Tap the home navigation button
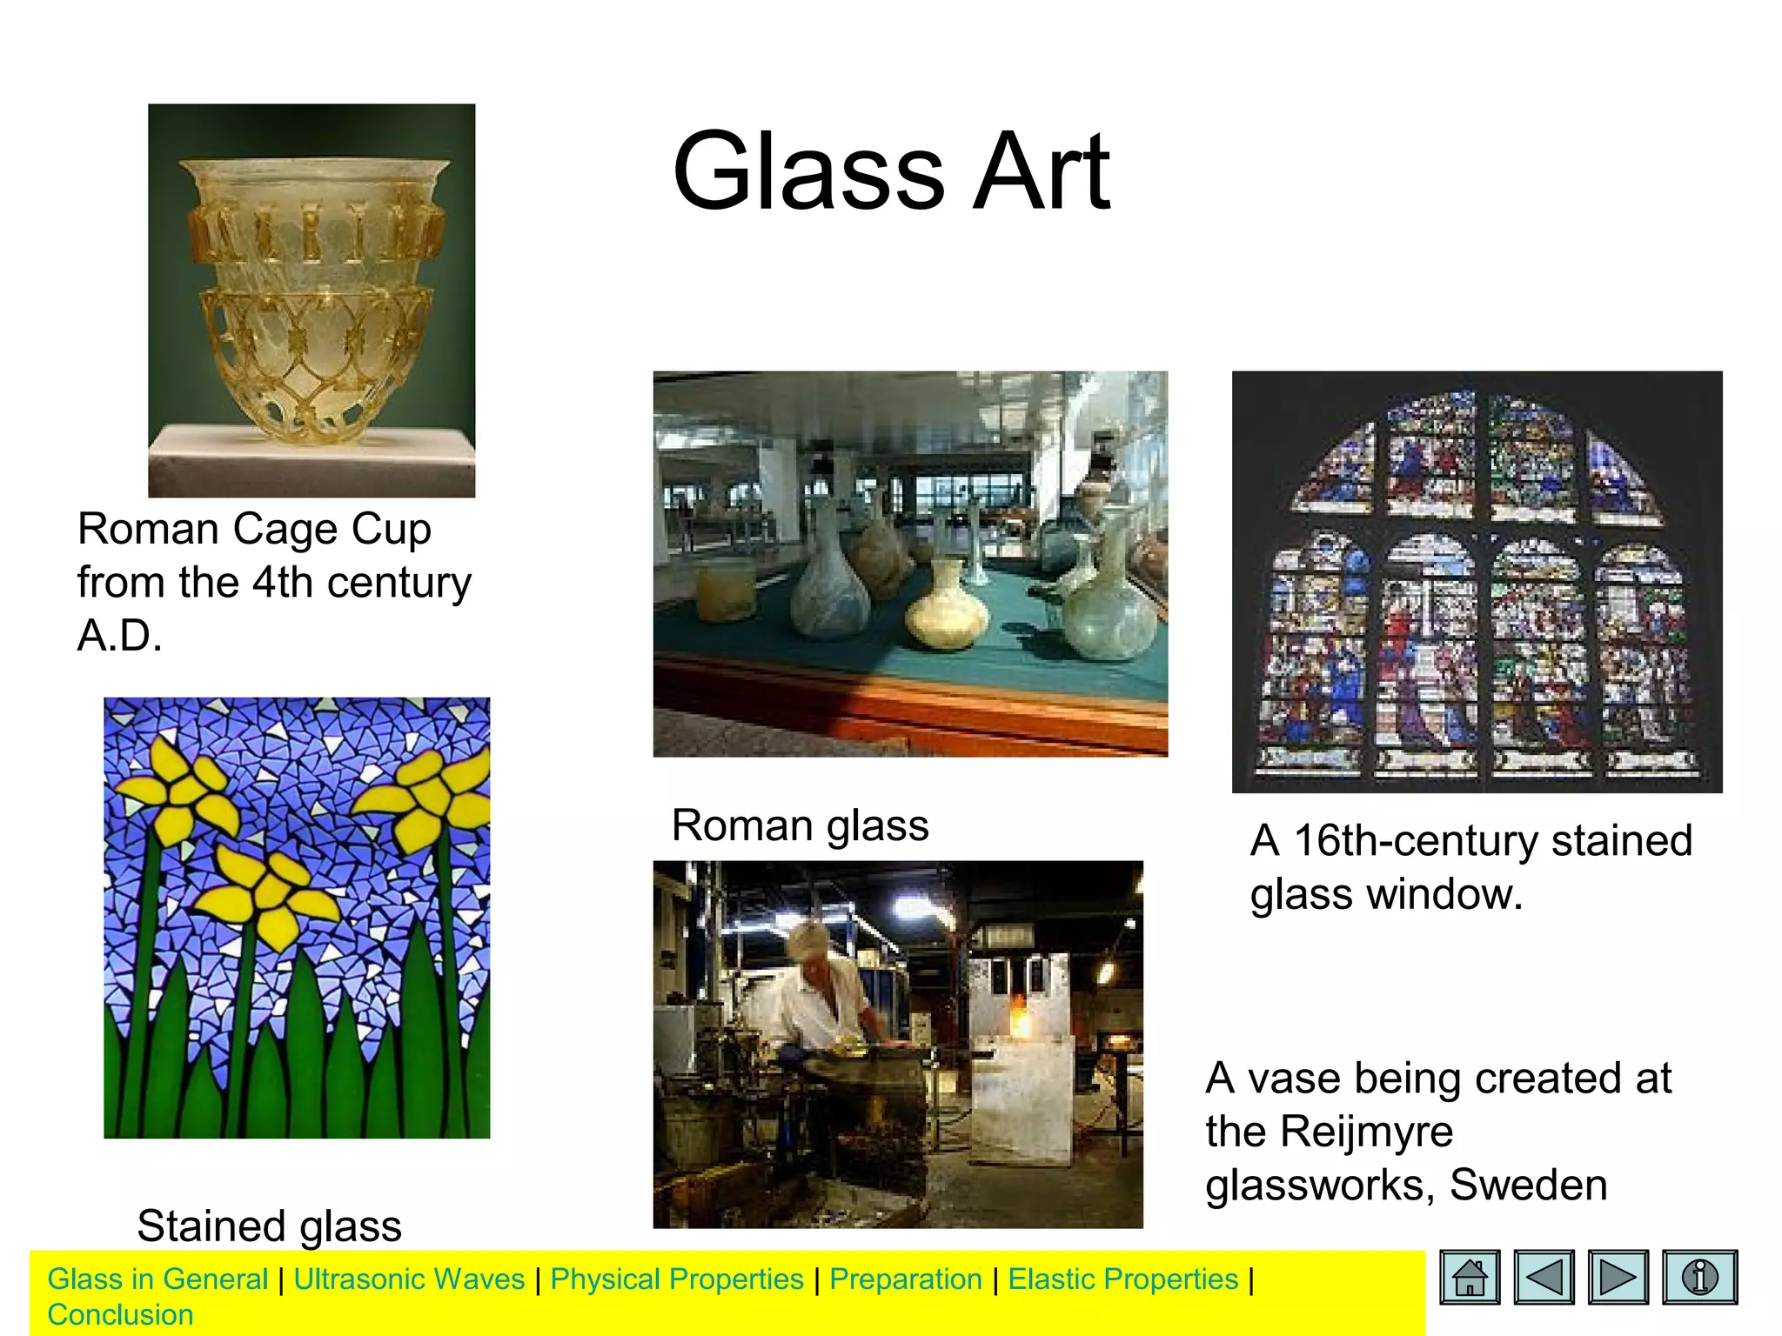1470,1277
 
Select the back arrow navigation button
1544,1277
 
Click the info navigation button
1699,1277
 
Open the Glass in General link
157,1279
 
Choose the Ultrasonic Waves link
409,1279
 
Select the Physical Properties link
677,1279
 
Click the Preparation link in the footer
905,1279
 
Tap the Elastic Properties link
1122,1279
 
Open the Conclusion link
120,1314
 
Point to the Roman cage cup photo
312,300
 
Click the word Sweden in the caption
1528,1185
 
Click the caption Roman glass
800,825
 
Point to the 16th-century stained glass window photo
1477,581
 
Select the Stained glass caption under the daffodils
269,1226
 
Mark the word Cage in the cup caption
283,529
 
